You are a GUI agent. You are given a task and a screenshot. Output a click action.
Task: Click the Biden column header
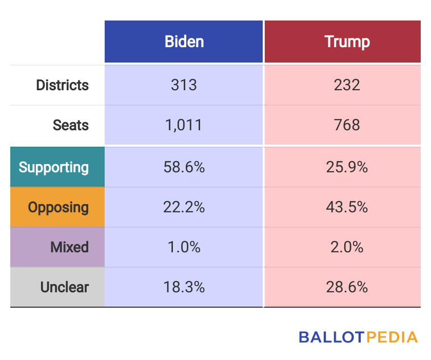click(184, 42)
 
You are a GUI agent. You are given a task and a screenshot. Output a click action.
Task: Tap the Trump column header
click(347, 42)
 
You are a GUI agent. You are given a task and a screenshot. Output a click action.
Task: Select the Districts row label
click(62, 85)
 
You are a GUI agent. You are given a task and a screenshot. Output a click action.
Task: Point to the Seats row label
click(71, 125)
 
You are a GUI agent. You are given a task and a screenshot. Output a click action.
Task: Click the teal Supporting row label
click(54, 167)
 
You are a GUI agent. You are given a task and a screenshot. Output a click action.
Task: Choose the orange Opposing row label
click(58, 207)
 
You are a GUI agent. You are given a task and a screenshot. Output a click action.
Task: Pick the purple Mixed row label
click(69, 247)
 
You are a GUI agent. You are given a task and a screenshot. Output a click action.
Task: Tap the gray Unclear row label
click(64, 287)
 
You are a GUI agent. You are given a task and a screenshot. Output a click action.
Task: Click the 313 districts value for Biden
click(184, 85)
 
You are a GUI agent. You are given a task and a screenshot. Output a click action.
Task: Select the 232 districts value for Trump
click(347, 85)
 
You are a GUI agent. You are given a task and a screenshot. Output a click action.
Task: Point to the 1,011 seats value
click(184, 125)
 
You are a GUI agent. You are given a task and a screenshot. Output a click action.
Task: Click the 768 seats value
click(347, 125)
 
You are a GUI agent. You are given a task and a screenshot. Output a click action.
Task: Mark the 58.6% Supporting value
click(184, 167)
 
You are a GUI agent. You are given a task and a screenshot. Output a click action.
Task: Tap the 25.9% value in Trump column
click(347, 167)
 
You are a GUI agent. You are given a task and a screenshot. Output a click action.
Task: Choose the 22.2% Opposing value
click(184, 207)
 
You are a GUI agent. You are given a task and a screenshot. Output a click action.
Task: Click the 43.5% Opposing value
click(347, 207)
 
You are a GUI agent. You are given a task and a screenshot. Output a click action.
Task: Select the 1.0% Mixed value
click(184, 247)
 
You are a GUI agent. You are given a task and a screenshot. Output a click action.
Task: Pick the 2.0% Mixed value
click(347, 247)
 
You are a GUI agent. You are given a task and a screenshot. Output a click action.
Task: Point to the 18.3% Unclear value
click(184, 287)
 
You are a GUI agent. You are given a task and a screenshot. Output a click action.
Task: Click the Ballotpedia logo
click(358, 337)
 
